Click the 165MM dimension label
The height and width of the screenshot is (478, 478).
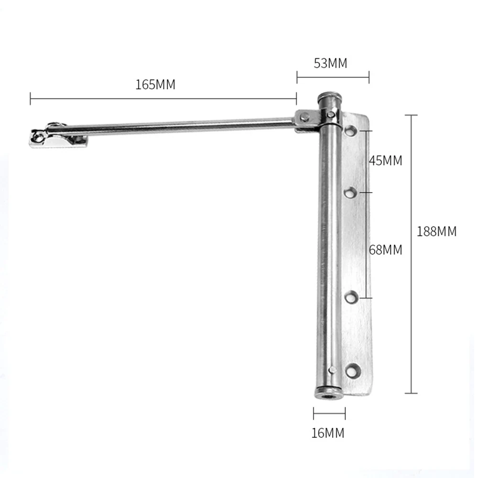[x=155, y=85]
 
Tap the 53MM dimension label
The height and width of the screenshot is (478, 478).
[x=330, y=63]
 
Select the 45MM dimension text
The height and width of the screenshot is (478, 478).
[x=386, y=160]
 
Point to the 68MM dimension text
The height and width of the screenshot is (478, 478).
[x=386, y=250]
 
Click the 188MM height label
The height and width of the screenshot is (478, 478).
[x=436, y=231]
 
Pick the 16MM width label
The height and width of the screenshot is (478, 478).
[x=328, y=433]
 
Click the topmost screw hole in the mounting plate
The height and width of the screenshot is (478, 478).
[x=351, y=131]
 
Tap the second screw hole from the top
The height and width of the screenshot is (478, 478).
[x=350, y=193]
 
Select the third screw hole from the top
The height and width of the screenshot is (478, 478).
[x=351, y=297]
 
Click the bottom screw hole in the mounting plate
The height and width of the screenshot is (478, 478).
[x=353, y=371]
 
